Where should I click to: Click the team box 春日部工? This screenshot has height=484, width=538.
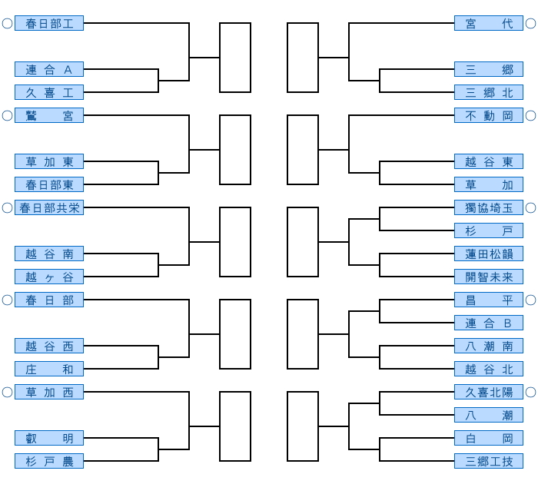point(49,23)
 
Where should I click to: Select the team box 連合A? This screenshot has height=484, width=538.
point(49,69)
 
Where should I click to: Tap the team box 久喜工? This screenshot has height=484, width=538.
point(49,92)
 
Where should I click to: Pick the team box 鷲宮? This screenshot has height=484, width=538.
point(49,115)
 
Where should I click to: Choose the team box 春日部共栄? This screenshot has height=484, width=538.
point(49,207)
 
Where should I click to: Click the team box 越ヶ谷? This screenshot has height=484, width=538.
point(49,277)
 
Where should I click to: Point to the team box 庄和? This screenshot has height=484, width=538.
point(49,369)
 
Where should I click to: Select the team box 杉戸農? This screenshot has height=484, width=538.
point(49,461)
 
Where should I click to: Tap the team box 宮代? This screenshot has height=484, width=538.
point(489,23)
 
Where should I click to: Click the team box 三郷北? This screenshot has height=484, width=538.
point(489,92)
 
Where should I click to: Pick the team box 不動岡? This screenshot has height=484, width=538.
point(489,115)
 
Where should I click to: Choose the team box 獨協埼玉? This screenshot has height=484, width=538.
point(489,207)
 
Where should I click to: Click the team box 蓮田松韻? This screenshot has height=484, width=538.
point(489,254)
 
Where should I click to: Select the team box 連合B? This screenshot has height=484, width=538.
point(489,323)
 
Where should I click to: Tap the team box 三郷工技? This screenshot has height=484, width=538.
point(489,461)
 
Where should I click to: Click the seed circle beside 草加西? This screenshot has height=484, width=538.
point(7,392)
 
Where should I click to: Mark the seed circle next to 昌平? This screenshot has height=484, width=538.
point(530,300)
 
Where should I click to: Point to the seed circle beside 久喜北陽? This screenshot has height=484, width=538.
point(530,392)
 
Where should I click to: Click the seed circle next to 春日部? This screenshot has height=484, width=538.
point(7,300)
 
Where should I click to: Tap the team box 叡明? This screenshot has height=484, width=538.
point(49,438)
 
